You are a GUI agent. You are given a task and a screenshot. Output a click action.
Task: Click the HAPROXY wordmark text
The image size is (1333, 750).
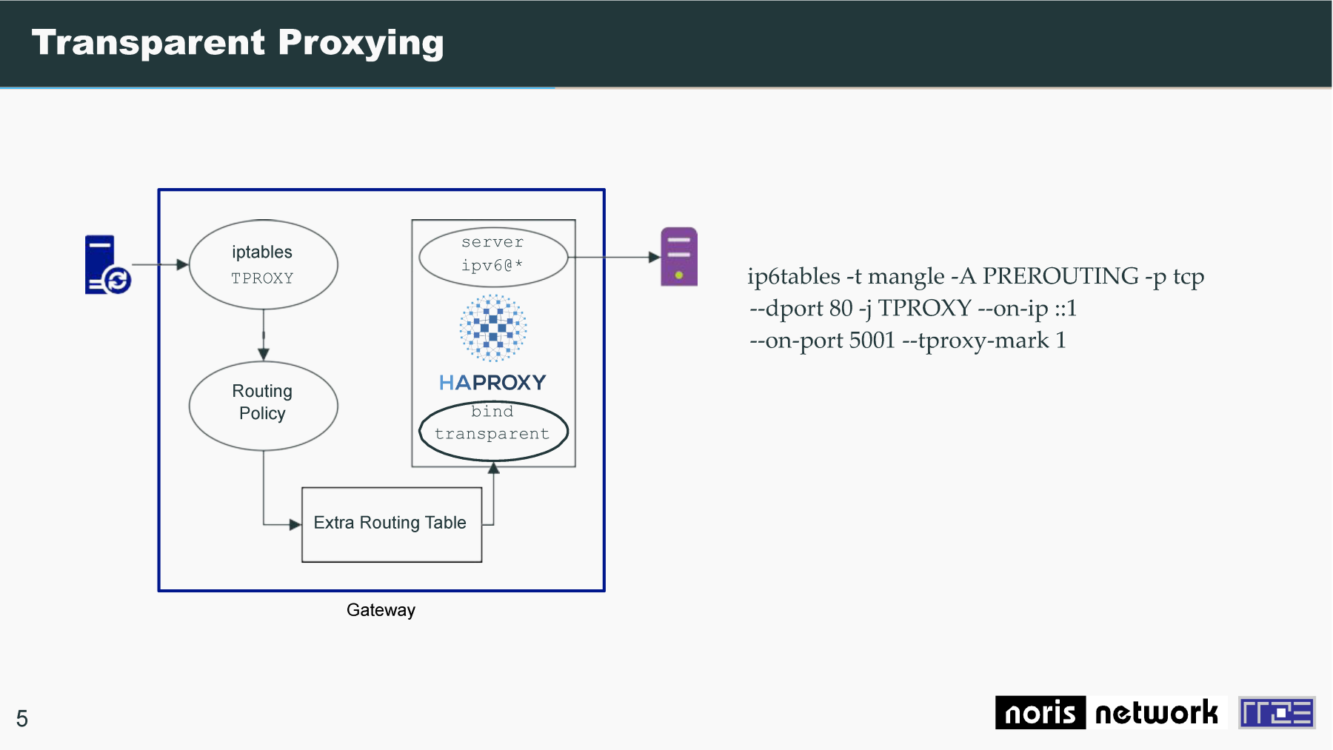pos(492,382)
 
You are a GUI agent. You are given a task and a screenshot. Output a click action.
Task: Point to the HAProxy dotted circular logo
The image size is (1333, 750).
pos(493,328)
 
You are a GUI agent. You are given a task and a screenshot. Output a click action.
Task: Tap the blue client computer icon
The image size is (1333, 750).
pos(107,264)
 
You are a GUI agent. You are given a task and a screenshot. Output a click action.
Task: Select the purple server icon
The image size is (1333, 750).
pos(679,257)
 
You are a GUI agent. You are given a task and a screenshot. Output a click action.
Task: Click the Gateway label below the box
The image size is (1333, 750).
pos(381,610)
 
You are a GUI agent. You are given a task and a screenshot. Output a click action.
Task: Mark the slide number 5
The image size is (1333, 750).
pos(22,718)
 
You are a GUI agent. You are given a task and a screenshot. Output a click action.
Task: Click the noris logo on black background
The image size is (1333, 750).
pos(1040,712)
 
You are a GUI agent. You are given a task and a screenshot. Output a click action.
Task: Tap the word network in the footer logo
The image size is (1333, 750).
pos(1156,712)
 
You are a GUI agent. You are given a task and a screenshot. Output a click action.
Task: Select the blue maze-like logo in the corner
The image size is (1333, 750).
pos(1277,712)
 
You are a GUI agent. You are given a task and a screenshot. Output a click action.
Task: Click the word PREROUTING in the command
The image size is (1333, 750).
pos(1060,276)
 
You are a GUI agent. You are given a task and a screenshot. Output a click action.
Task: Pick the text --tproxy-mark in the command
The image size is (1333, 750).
pos(975,341)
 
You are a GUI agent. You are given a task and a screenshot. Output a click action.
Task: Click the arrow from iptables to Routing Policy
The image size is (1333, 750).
pos(264,335)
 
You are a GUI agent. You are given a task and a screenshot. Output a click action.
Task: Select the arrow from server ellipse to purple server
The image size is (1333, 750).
pos(615,257)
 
